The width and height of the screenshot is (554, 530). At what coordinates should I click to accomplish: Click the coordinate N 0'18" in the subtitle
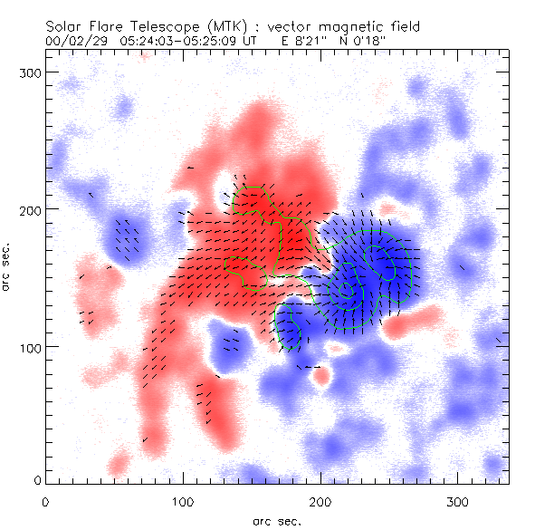coord(378,41)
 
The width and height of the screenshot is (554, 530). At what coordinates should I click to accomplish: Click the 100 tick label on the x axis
coord(183,500)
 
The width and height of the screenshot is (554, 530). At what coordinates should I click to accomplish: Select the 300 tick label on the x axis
coord(458,500)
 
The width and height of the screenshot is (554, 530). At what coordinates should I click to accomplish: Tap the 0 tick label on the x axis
coord(45,500)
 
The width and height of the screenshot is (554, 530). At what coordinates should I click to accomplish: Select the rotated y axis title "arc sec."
coord(7,266)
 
